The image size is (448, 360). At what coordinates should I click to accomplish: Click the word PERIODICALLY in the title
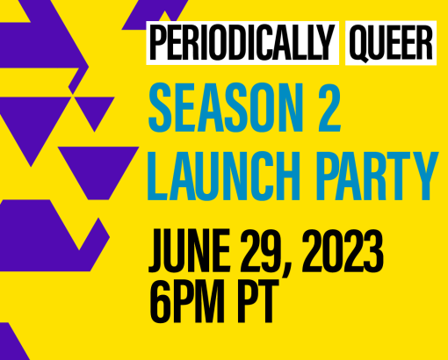[242, 43]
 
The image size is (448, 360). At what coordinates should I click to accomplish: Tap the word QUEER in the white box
[391, 43]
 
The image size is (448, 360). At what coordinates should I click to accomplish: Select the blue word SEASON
[226, 107]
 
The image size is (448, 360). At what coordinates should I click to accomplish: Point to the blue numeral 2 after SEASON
[329, 107]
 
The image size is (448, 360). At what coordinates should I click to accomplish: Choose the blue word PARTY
[377, 176]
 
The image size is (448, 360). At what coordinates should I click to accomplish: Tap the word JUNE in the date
[190, 251]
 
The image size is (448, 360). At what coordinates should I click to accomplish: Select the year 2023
[343, 251]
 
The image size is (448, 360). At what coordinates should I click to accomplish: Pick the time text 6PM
[187, 301]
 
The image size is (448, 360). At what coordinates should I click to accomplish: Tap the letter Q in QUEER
[359, 44]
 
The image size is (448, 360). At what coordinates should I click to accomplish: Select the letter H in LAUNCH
[286, 176]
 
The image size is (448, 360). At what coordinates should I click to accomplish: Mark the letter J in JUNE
[157, 252]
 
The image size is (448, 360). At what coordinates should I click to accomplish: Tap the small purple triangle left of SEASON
[94, 111]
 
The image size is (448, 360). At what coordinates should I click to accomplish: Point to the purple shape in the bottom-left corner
[11, 342]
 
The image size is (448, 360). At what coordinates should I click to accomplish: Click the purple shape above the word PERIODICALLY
[155, 15]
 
